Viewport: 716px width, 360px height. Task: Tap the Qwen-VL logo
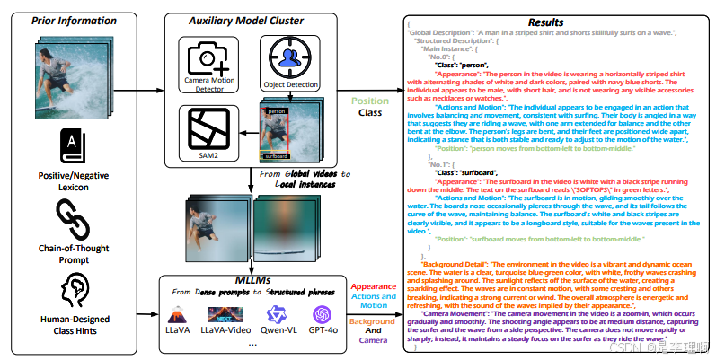pos(278,315)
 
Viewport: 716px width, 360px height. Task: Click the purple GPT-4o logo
pos(323,315)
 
